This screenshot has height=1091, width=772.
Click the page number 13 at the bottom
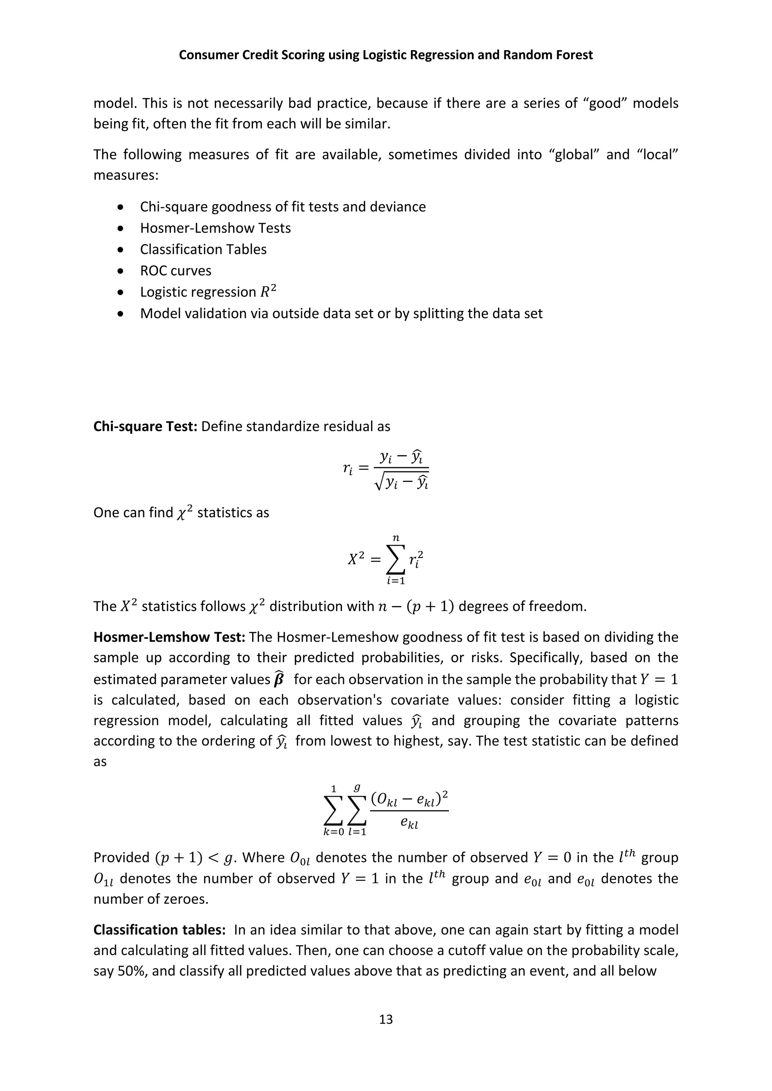386,1019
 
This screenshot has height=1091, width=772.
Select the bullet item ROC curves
175,271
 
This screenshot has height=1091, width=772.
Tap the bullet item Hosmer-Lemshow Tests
215,228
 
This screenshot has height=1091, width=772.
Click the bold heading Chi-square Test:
145,426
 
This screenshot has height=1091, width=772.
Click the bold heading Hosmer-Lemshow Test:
169,637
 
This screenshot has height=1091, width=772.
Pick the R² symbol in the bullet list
268,291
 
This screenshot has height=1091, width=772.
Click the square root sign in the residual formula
379,484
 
